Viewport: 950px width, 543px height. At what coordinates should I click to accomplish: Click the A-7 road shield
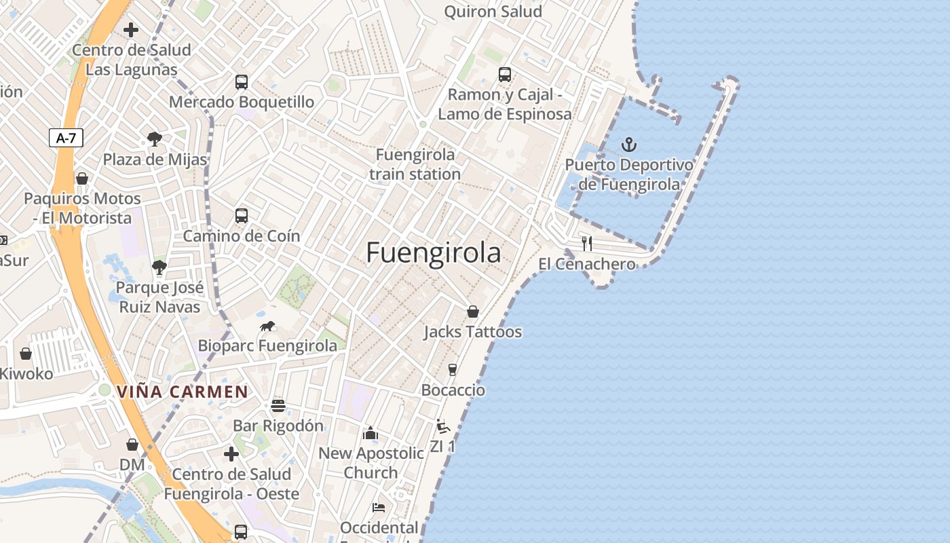coord(66,138)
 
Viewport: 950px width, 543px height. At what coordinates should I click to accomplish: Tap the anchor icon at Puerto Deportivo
coord(629,145)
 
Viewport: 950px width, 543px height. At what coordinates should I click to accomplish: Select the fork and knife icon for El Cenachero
coord(587,243)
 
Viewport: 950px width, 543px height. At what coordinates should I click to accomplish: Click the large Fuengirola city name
coord(434,252)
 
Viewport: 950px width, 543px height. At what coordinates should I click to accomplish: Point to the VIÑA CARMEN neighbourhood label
coord(183,392)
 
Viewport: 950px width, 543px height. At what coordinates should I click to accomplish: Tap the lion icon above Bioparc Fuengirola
coord(267,326)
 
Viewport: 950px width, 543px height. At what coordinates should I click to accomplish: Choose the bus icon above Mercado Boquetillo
coord(241,82)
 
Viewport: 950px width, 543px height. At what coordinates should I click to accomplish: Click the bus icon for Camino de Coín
coord(241,216)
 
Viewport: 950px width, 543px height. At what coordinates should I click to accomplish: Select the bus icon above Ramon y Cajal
coord(504,75)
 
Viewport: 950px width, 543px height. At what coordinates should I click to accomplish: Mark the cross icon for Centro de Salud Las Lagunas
coord(131,30)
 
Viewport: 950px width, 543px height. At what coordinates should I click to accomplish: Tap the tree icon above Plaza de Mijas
coord(155,139)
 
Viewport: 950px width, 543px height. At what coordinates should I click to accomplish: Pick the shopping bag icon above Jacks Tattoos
coord(473,312)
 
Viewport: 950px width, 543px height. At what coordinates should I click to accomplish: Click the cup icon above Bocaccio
coord(453,370)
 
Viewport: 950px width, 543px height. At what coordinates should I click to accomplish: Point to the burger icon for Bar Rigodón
coord(278,406)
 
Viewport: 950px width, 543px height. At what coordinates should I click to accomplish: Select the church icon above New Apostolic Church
coord(370,433)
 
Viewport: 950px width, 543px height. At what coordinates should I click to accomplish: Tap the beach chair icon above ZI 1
coord(442,427)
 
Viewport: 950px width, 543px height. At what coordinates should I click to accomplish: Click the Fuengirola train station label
coord(415,164)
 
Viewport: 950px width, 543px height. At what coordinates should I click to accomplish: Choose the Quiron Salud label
coord(493,12)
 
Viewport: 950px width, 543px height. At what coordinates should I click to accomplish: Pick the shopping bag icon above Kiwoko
coord(26,354)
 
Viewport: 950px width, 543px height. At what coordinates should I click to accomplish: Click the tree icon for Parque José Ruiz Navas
coord(159,267)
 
